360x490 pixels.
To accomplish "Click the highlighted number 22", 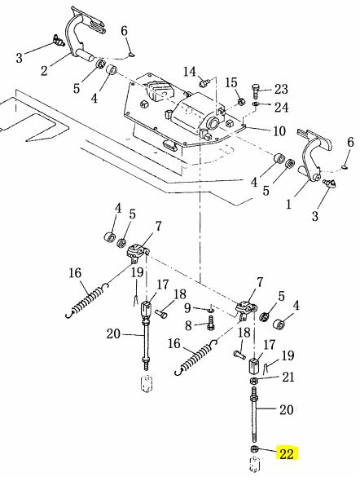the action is click(x=287, y=453).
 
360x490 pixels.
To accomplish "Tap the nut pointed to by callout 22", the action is click(x=254, y=448).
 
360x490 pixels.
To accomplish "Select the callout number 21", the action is click(x=288, y=377).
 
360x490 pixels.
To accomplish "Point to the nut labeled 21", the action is click(x=253, y=381).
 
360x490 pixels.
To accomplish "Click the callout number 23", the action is click(x=281, y=89).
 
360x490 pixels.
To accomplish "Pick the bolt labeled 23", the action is click(x=255, y=90).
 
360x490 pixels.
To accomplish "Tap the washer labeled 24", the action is click(x=256, y=104).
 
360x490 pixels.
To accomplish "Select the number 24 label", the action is click(x=281, y=107).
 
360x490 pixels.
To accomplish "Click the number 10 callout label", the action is click(x=279, y=131).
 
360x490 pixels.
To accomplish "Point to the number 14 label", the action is click(x=189, y=72).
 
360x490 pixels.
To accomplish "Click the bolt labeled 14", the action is click(x=204, y=83).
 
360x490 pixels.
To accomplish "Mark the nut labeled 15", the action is click(x=241, y=101).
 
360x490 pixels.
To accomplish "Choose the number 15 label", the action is click(x=231, y=83).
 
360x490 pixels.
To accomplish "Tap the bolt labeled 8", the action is click(x=210, y=323).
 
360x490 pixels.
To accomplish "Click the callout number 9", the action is click(x=187, y=308).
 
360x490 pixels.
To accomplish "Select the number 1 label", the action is click(x=289, y=205).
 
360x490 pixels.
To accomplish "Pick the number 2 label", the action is click(x=44, y=71).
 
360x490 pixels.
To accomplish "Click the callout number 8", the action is click(x=188, y=325).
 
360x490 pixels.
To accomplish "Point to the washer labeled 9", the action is click(x=211, y=311).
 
